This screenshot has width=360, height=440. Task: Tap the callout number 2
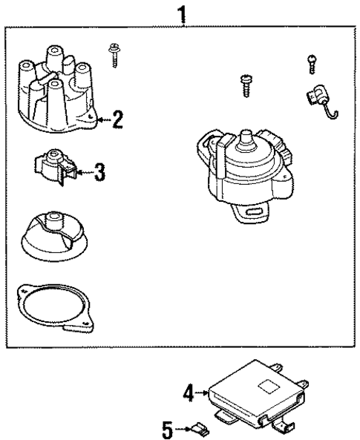(117, 119)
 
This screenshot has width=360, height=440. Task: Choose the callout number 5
(168, 428)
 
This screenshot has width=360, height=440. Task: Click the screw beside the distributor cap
(114, 54)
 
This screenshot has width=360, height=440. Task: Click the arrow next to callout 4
(203, 393)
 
